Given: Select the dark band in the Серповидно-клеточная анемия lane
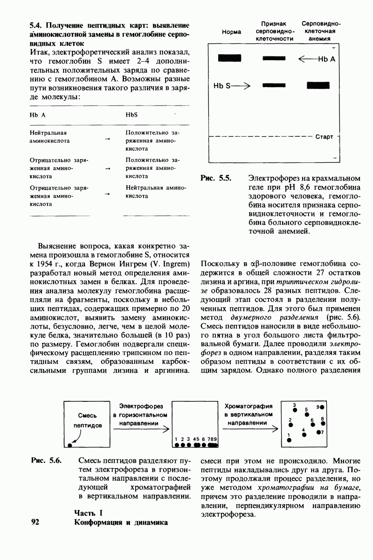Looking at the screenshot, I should click(318, 85).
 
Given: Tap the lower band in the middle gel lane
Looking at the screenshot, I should click(274, 85).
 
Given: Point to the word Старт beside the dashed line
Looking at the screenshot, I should click(324, 137).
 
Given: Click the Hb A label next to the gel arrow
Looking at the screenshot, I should click(326, 59).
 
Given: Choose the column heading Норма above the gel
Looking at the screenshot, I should click(231, 32).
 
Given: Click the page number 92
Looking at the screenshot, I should click(35, 522).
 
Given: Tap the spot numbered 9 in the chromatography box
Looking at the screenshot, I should click(322, 407).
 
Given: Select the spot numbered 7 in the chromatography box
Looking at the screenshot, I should click(319, 432).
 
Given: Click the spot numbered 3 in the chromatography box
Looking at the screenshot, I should click(295, 410).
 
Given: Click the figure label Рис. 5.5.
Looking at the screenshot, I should click(216, 178).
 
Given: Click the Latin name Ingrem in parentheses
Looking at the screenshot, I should click(169, 265).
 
